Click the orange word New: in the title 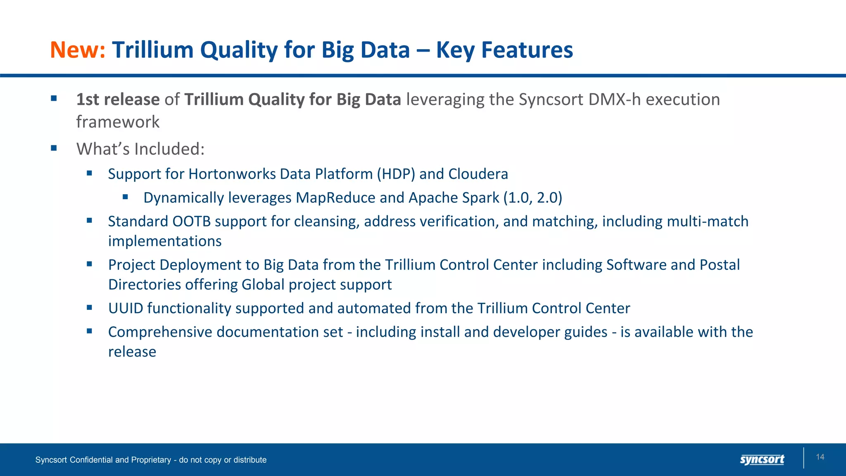[78, 50]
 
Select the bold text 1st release [118, 100]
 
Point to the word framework [118, 122]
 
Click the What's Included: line [140, 149]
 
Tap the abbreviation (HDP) [396, 174]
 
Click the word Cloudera [478, 174]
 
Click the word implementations [165, 241]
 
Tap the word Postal [719, 265]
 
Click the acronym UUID [126, 308]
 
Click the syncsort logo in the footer [762, 459]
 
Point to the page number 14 [820, 457]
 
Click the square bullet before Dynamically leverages [126, 198]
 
